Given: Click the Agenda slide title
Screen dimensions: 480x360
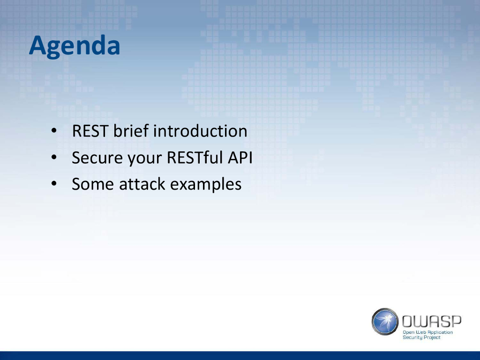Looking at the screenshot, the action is tap(75, 46).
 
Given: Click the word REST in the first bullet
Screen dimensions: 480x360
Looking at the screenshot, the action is tap(90, 131).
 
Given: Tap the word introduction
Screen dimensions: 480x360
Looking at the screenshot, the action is tap(200, 131).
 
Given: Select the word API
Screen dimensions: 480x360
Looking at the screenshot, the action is tap(240, 157).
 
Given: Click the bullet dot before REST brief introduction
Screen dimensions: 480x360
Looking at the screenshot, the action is tap(54, 131).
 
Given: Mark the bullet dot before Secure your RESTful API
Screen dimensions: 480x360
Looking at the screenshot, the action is tap(54, 157).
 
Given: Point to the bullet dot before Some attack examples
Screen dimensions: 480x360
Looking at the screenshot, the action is tap(54, 184).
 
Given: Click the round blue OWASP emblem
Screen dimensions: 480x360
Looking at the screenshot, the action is tap(385, 322).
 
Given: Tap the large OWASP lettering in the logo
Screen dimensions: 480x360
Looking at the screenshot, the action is tap(431, 322).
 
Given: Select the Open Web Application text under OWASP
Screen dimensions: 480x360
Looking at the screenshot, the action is tap(427, 332).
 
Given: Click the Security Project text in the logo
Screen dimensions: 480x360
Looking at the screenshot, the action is tap(421, 337).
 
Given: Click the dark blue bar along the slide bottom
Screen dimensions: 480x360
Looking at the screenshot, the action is tap(240, 356).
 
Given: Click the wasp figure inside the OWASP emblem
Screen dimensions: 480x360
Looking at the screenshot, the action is tap(385, 321).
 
